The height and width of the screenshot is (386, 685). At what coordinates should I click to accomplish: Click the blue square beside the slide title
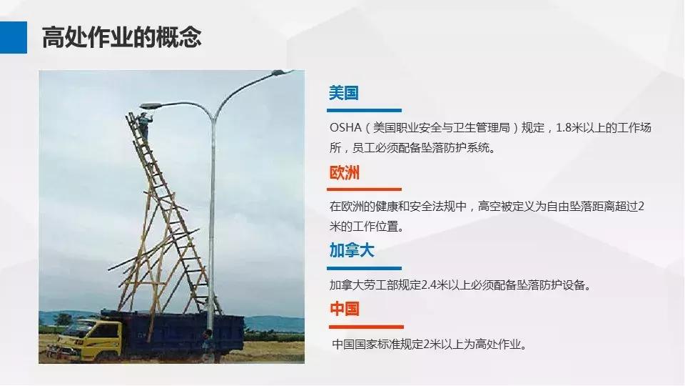(14, 37)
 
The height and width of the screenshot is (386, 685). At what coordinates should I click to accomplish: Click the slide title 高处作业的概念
(121, 37)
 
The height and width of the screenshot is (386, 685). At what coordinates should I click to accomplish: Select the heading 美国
(343, 93)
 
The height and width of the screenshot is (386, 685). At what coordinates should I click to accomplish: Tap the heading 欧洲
(344, 173)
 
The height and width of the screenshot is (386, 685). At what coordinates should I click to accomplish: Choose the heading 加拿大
(352, 251)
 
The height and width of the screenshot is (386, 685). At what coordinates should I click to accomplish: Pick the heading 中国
(344, 309)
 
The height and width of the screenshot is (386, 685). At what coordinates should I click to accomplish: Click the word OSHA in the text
(345, 128)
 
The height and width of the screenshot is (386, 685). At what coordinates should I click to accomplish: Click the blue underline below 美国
(364, 111)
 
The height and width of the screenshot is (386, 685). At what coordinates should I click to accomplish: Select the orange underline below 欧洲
(364, 189)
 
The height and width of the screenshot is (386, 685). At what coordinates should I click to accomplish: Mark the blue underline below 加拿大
(364, 268)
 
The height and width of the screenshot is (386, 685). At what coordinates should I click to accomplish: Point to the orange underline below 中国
(364, 327)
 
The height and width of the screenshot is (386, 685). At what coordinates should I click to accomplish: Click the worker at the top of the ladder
(145, 124)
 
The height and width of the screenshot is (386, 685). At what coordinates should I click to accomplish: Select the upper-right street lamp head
(284, 73)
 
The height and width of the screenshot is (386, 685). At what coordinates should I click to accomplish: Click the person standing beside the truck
(207, 344)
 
